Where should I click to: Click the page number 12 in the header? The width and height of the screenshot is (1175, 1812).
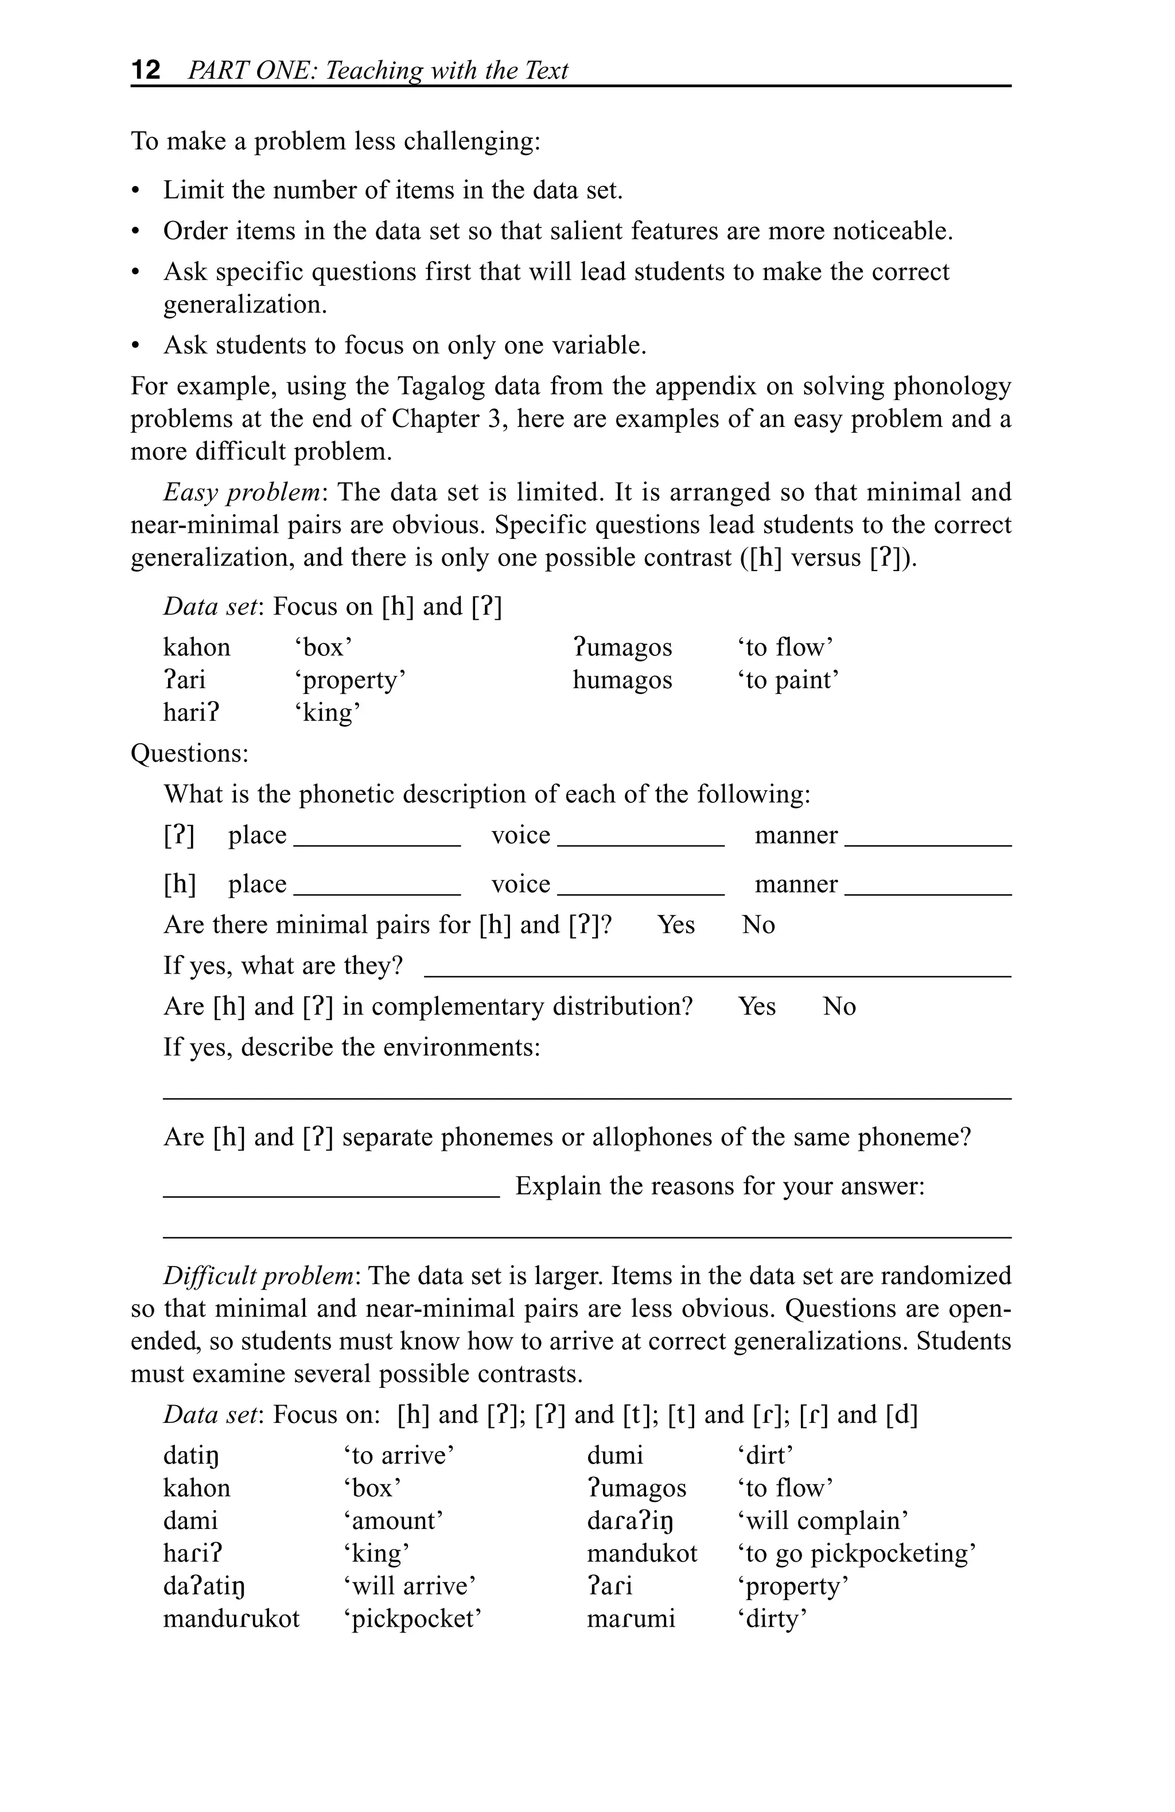146,70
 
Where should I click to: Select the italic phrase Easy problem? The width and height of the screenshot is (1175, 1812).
241,492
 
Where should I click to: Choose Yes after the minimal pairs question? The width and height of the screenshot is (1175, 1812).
676,925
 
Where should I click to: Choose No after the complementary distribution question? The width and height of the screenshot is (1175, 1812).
839,1007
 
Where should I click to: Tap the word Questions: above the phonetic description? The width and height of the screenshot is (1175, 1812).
189,753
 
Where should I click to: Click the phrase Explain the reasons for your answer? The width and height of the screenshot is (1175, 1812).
720,1186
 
